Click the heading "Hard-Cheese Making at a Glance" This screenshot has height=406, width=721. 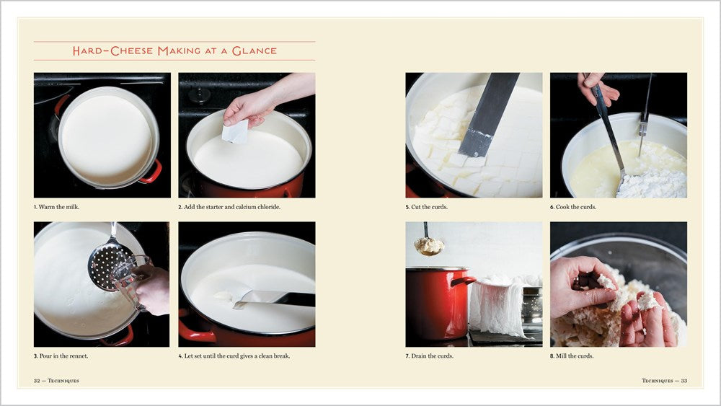[174, 51]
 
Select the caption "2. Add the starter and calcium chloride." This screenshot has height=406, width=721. [229, 207]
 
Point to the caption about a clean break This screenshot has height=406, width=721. [234, 356]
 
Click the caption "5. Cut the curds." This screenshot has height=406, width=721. [427, 207]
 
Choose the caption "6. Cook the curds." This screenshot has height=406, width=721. [574, 207]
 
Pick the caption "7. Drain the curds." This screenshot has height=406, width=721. [430, 356]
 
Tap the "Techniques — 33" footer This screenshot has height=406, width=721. [664, 380]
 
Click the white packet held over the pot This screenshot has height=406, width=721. [235, 131]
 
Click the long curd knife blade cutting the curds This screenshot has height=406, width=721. [489, 115]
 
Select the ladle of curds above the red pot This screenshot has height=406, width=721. [429, 245]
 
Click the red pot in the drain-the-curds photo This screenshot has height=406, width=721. [435, 303]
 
